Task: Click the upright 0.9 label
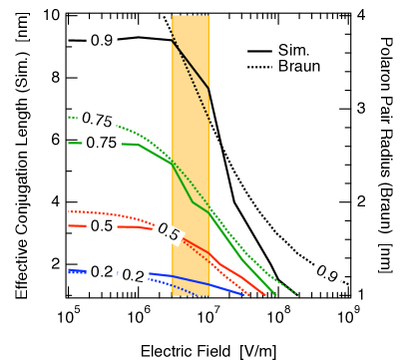pyautogui.click(x=102, y=41)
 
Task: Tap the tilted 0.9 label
pyautogui.click(x=326, y=273)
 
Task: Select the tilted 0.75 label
pyautogui.click(x=97, y=120)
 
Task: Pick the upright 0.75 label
pyautogui.click(x=102, y=143)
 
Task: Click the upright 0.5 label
pyautogui.click(x=102, y=226)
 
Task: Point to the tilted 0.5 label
pyautogui.click(x=168, y=232)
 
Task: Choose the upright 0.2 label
pyautogui.click(x=102, y=271)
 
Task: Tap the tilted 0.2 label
pyautogui.click(x=134, y=276)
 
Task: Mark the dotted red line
pyautogui.click(x=140, y=219)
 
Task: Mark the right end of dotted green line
pyautogui.click(x=298, y=295)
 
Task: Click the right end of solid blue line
pyautogui.click(x=244, y=295)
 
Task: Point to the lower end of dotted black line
pyautogui.click(x=208, y=118)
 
